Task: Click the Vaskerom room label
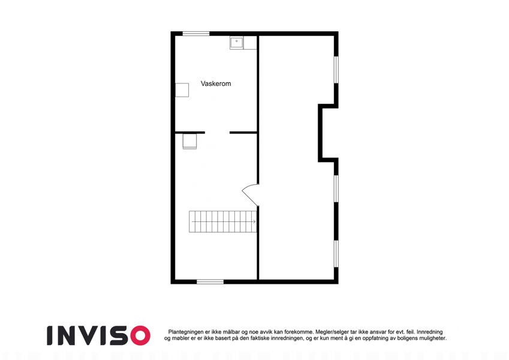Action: (216, 83)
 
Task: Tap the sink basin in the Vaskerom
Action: (237, 43)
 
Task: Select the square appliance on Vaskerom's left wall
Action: (182, 90)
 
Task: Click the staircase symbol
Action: (222, 221)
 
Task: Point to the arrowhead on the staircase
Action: (254, 221)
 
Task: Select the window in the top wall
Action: (196, 34)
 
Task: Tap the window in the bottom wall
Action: (210, 281)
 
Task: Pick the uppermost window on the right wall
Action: (336, 70)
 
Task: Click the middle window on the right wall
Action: (336, 189)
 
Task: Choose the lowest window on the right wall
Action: (336, 254)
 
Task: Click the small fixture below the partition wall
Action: (189, 141)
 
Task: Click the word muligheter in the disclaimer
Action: (432, 338)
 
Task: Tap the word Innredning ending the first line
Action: (430, 332)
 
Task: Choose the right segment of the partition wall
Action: (244, 133)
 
